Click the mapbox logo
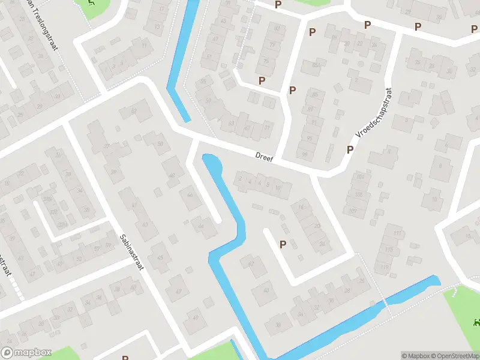tap(26, 352)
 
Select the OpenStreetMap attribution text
tap(451, 356)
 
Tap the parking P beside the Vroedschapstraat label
tap(349, 149)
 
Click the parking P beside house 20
tap(282, 244)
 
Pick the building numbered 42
tap(251, 263)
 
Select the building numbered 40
tap(265, 291)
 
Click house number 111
tap(397, 233)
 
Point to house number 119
tap(385, 267)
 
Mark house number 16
tap(300, 208)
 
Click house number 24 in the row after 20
tap(323, 244)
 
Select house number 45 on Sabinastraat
tap(160, 259)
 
